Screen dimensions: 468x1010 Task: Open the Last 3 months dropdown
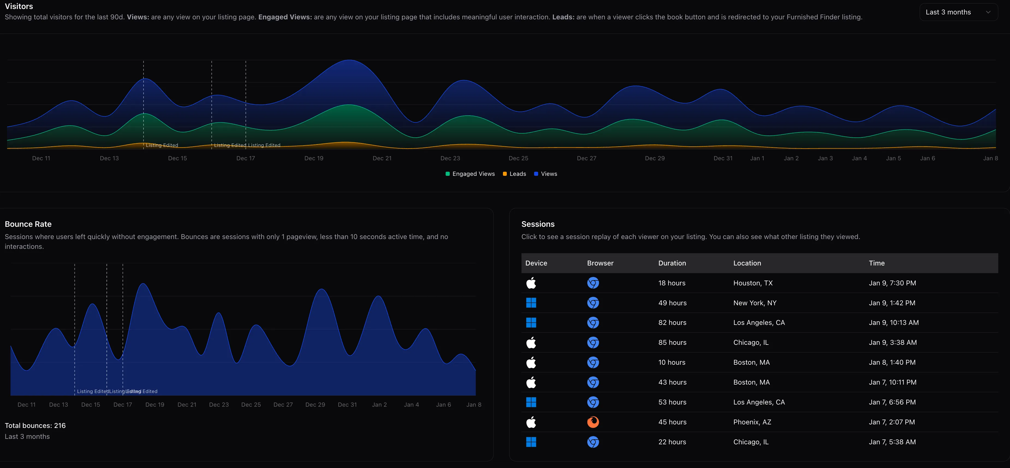click(x=958, y=12)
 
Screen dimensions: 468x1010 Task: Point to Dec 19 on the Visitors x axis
click(x=314, y=158)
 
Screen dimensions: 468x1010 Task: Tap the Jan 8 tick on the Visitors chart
click(x=990, y=158)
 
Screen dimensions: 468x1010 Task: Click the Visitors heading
click(x=19, y=6)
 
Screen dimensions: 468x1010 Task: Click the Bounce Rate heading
click(x=28, y=224)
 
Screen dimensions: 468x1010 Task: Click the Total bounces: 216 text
click(x=35, y=425)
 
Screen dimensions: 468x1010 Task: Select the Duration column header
click(x=672, y=263)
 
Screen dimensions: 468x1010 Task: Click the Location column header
click(x=747, y=263)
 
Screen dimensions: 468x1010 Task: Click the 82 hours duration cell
click(x=672, y=323)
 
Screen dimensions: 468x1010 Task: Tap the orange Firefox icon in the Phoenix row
click(x=593, y=422)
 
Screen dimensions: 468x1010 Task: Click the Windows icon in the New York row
click(x=531, y=303)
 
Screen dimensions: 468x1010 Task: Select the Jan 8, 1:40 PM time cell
click(x=892, y=362)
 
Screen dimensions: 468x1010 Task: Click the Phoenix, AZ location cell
click(x=752, y=422)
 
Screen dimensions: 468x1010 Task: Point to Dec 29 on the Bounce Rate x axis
click(x=315, y=404)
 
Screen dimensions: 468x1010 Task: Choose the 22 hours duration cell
click(x=672, y=442)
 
